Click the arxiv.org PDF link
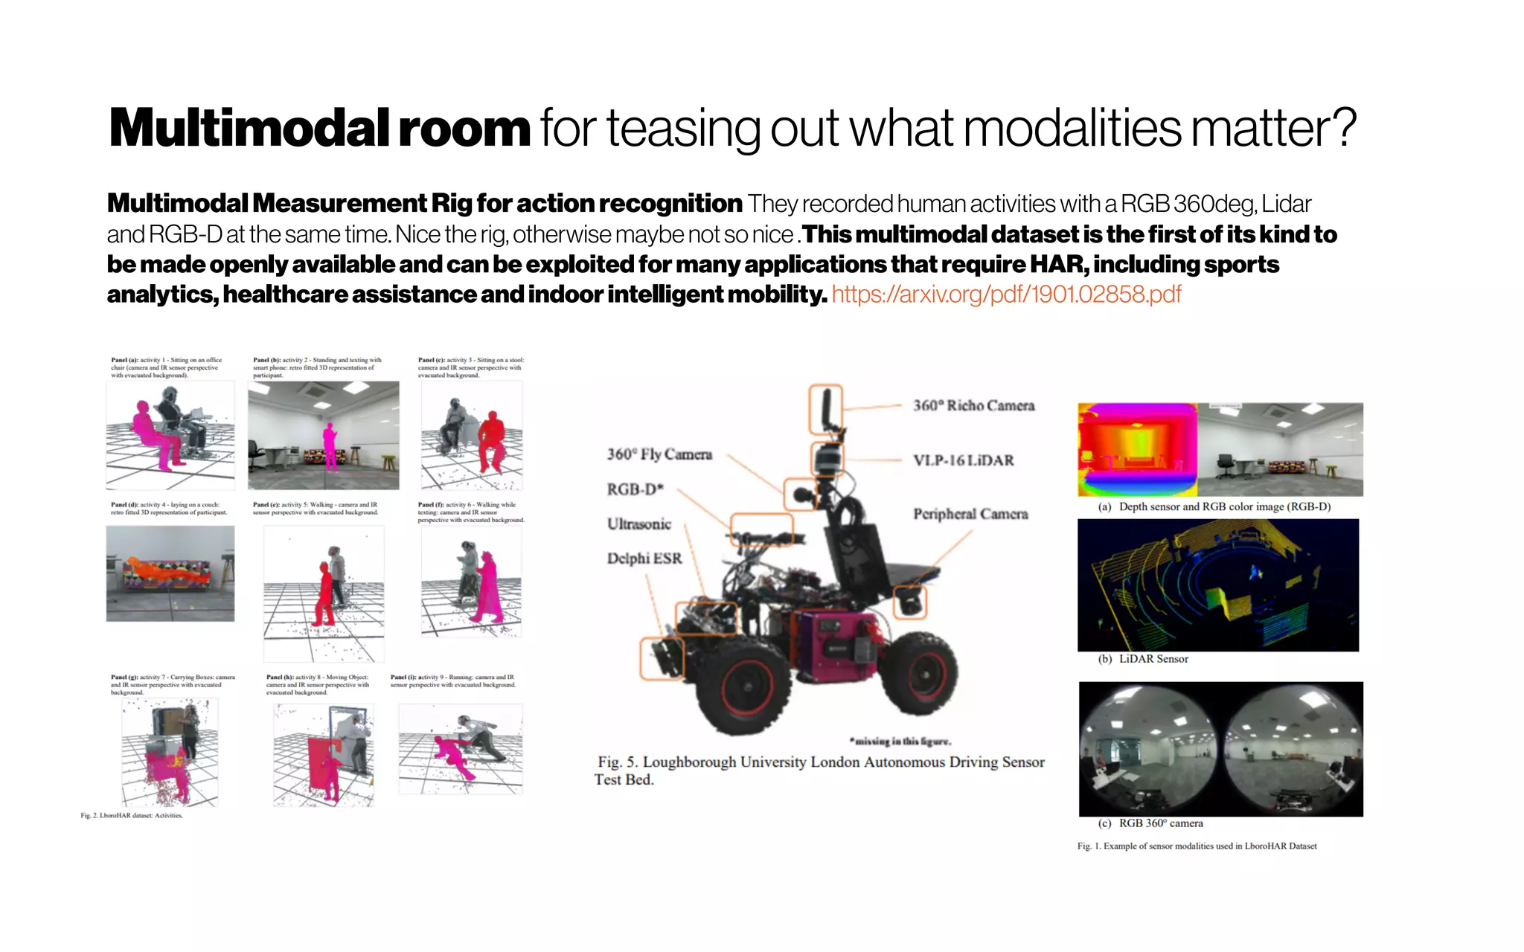[x=1006, y=295]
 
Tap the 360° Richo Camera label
[x=973, y=405]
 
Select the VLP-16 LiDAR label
[x=963, y=460]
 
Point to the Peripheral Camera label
[x=970, y=514]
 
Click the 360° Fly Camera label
[x=659, y=454]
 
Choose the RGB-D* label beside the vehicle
[x=635, y=489]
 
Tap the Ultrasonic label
[x=638, y=524]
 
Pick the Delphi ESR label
[x=644, y=559]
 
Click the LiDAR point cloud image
[x=1217, y=585]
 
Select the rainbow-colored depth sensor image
[x=1137, y=449]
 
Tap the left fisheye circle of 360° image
[x=1149, y=749]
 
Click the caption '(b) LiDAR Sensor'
[x=1144, y=659]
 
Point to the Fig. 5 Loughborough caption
[x=819, y=771]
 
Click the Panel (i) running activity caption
[x=452, y=681]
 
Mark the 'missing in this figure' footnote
[x=900, y=741]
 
